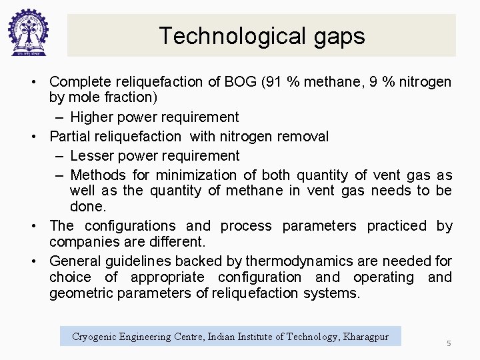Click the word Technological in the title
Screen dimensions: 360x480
click(x=214, y=35)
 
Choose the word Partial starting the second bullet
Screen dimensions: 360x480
click(x=71, y=137)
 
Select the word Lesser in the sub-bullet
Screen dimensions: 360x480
click(x=92, y=156)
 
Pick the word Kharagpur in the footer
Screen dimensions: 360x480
click(x=365, y=337)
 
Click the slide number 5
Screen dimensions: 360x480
click(x=449, y=343)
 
